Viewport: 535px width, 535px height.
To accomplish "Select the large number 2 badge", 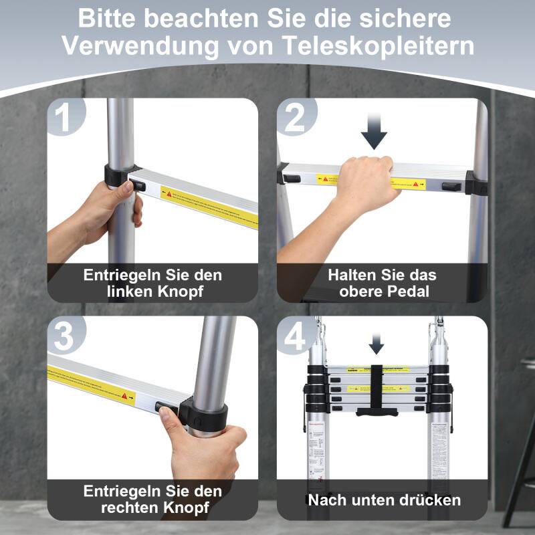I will coord(295,119).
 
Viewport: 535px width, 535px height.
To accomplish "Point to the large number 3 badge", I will coord(65,337).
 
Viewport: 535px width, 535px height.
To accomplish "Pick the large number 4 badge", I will coord(295,337).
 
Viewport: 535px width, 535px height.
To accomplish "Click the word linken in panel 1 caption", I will coord(130,292).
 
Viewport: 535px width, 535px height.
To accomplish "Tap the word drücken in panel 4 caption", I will coord(430,500).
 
